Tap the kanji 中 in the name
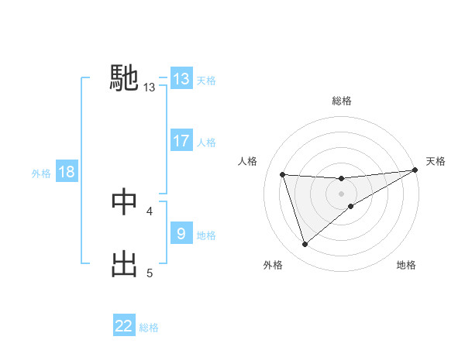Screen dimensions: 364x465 tap(125, 201)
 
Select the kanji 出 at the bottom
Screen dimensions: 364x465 tap(125, 263)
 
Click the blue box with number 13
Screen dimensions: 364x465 tap(181, 79)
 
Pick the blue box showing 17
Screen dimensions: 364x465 tap(181, 141)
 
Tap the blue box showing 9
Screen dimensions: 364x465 tap(181, 234)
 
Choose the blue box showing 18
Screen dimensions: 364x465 tap(67, 172)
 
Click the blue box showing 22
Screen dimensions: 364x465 tap(124, 326)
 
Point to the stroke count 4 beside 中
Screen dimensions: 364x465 tap(150, 211)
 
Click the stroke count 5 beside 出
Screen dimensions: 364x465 tap(150, 273)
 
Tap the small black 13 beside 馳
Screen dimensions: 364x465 tap(150, 88)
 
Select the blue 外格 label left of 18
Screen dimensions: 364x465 tap(41, 173)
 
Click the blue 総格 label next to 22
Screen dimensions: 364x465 tap(149, 328)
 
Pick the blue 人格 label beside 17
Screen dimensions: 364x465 tap(206, 143)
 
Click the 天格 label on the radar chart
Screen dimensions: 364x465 tap(436, 161)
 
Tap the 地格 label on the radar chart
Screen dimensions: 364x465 tap(406, 265)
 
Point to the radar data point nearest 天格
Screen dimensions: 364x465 tap(415, 170)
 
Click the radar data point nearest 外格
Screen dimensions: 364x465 tap(305, 245)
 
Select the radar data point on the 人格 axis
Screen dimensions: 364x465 tap(283, 174)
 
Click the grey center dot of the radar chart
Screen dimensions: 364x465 tap(341, 194)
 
